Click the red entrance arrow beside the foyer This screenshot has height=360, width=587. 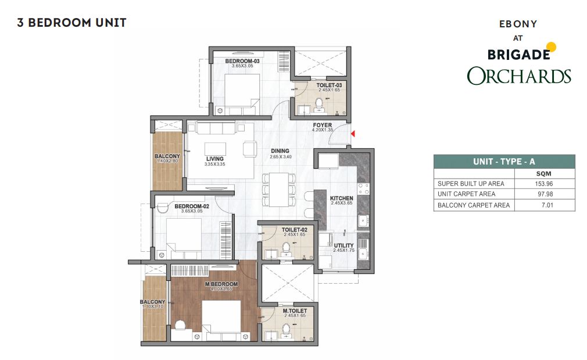[353, 134]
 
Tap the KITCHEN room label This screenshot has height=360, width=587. [341, 198]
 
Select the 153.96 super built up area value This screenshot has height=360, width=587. [543, 184]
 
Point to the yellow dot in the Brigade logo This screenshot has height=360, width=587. [551, 47]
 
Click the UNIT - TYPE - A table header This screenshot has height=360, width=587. [504, 162]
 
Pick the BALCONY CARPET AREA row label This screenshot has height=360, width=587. [474, 205]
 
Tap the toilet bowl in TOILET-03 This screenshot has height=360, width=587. [319, 103]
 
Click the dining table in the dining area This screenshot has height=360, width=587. [280, 190]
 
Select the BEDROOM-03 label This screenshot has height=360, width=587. [242, 61]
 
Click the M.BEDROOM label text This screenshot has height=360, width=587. [221, 284]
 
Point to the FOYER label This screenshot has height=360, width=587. [323, 125]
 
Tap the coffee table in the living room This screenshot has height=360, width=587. [215, 149]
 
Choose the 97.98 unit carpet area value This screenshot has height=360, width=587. [545, 194]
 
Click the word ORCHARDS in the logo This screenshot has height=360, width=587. [519, 76]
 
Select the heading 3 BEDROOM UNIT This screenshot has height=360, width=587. [71, 23]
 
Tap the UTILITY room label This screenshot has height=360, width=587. [343, 246]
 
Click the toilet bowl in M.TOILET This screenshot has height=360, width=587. [287, 329]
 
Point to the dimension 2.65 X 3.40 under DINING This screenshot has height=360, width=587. [280, 156]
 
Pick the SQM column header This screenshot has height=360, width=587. [543, 174]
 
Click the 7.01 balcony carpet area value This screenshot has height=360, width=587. [547, 205]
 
